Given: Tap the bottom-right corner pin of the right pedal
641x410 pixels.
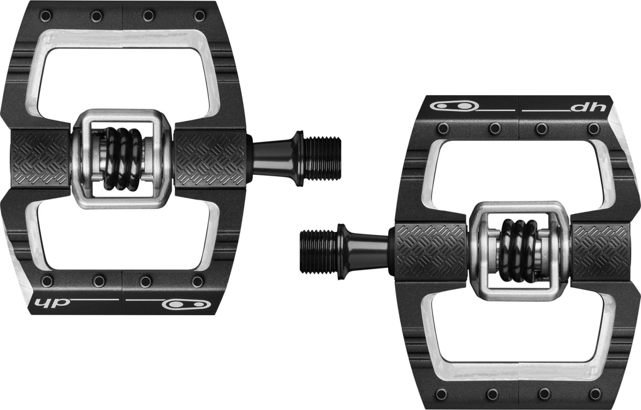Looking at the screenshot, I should point(592,392).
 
